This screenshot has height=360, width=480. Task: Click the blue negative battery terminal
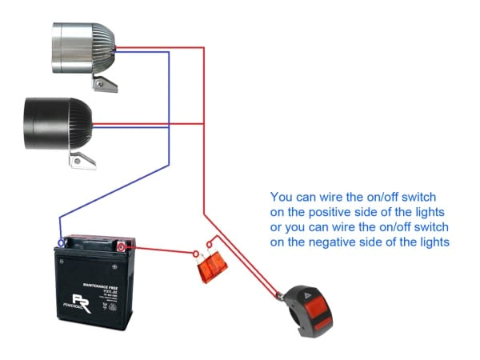[x=61, y=242]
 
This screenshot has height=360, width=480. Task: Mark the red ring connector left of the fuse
[x=196, y=254]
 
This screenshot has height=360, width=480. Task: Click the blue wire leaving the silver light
[x=144, y=53]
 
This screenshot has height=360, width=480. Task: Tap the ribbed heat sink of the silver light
[x=102, y=43]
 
